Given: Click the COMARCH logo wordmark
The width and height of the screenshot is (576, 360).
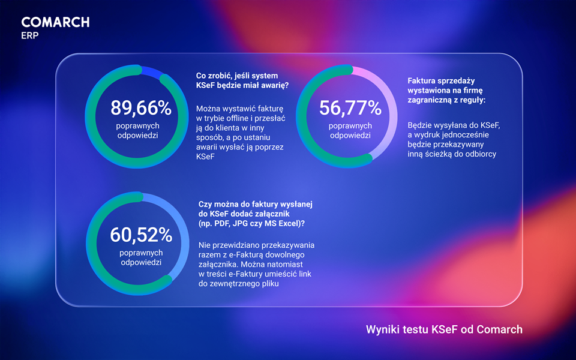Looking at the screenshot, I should (x=55, y=22).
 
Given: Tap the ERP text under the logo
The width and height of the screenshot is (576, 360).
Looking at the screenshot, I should (x=30, y=35).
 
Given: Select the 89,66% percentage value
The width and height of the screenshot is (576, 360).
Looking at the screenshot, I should (x=141, y=108).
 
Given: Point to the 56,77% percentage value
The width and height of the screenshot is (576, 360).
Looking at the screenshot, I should (x=350, y=108).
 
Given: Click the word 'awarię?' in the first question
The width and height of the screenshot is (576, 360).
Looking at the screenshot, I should (x=272, y=85).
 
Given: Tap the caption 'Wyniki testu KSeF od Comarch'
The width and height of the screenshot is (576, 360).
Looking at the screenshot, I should (x=444, y=329).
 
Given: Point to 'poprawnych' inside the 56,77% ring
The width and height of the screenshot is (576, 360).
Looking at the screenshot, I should (x=350, y=126).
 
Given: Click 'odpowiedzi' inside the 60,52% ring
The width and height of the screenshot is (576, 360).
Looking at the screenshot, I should (x=141, y=263).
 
